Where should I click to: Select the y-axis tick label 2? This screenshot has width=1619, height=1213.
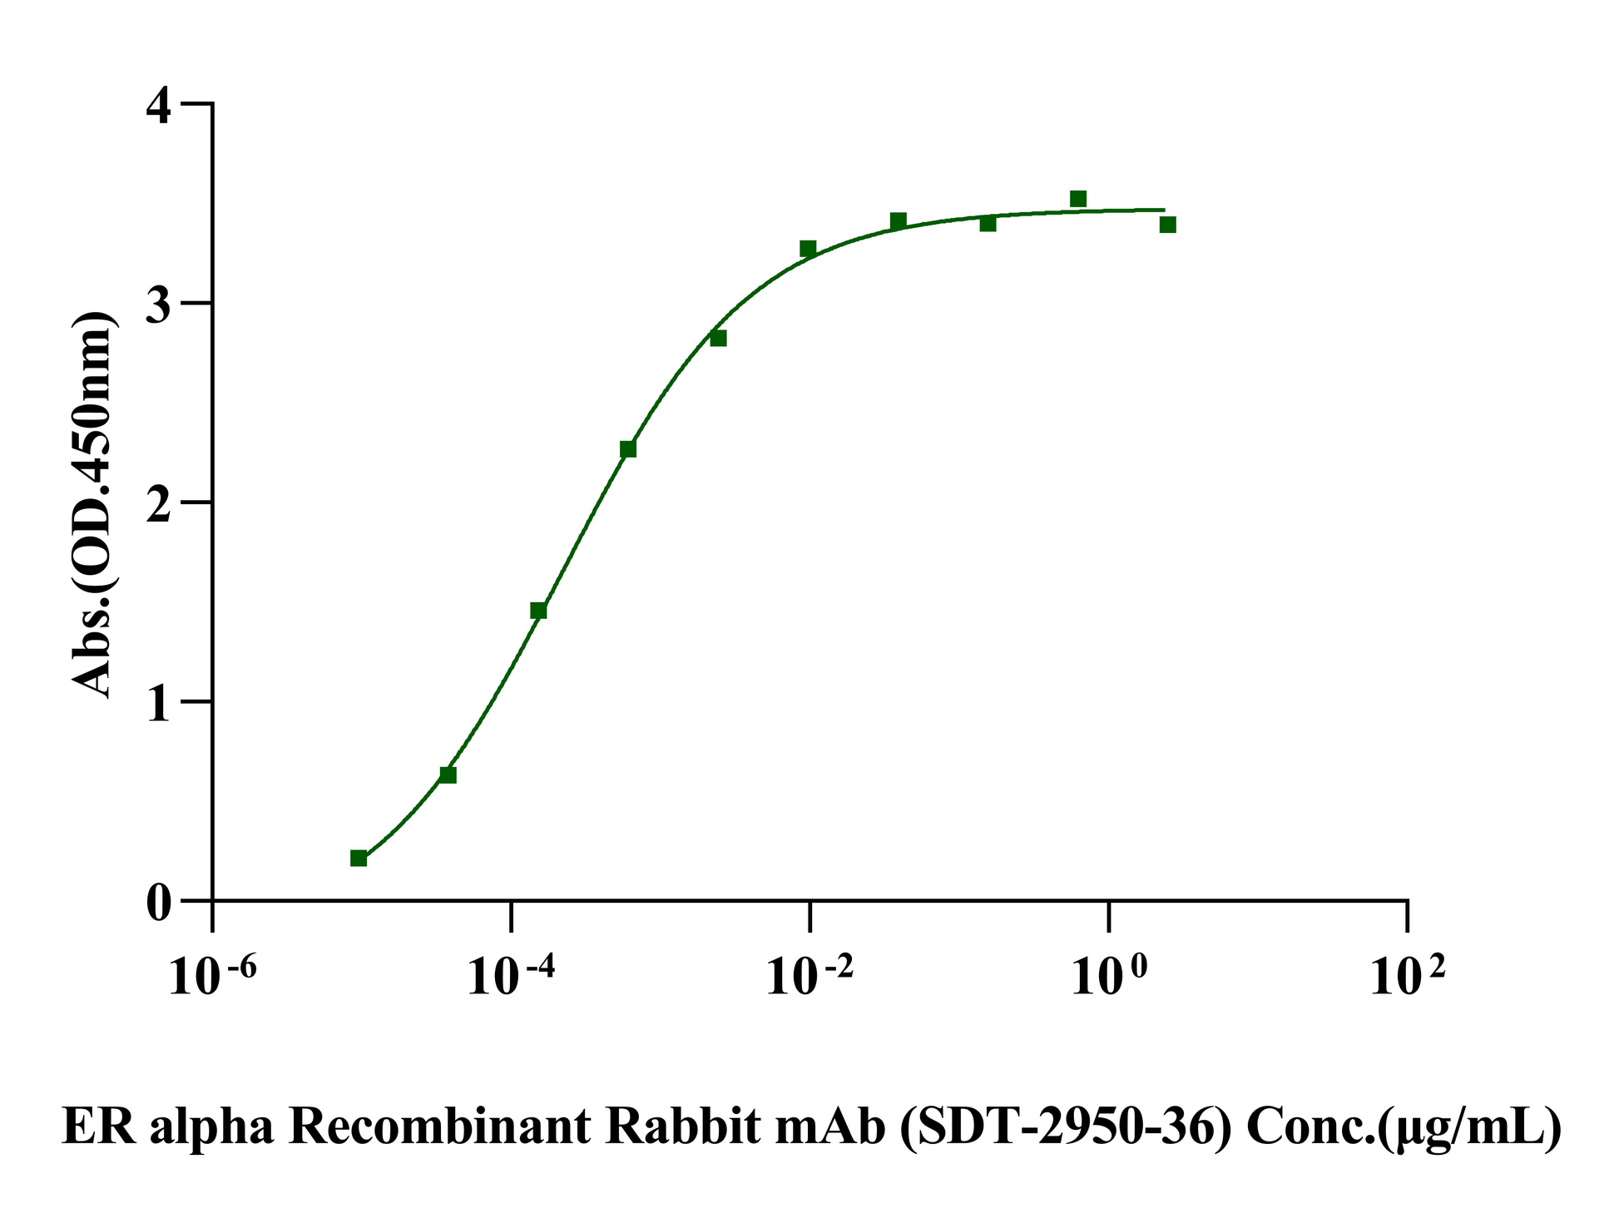click(160, 503)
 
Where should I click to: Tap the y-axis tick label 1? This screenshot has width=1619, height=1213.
click(160, 701)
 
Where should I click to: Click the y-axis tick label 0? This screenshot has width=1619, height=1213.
click(160, 901)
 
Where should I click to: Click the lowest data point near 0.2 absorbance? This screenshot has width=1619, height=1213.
click(359, 858)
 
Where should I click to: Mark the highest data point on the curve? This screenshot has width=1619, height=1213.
click(1078, 199)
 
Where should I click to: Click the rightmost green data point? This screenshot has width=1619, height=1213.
click(1168, 225)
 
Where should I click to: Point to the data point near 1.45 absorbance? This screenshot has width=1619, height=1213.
click(538, 611)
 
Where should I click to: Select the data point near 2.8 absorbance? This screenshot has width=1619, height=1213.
click(719, 338)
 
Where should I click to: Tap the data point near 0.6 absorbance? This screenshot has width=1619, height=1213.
click(448, 775)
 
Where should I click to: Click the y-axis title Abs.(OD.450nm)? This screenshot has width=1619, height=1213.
click(92, 504)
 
